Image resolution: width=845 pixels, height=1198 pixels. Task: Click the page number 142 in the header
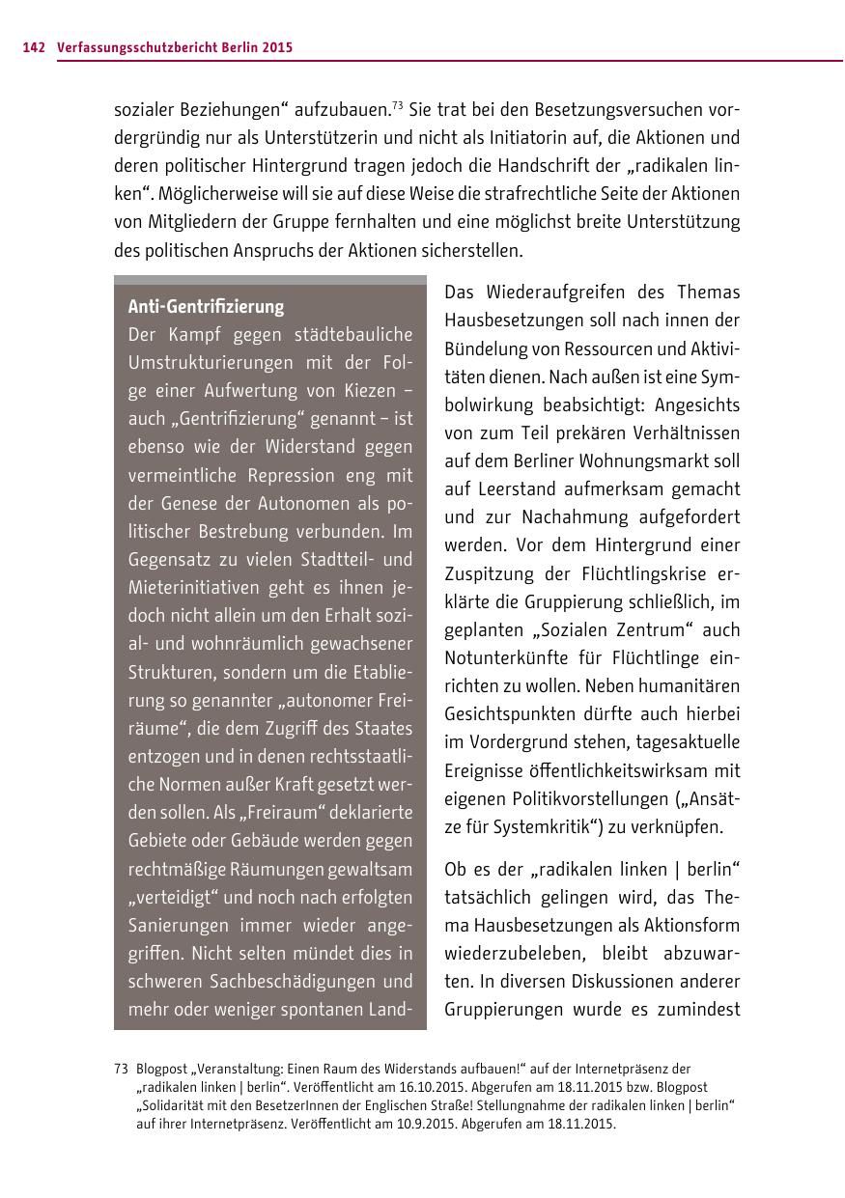coord(34,46)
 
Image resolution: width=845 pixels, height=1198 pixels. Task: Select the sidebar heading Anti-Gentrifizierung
coord(206,307)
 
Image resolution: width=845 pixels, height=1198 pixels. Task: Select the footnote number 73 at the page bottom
coord(121,1069)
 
